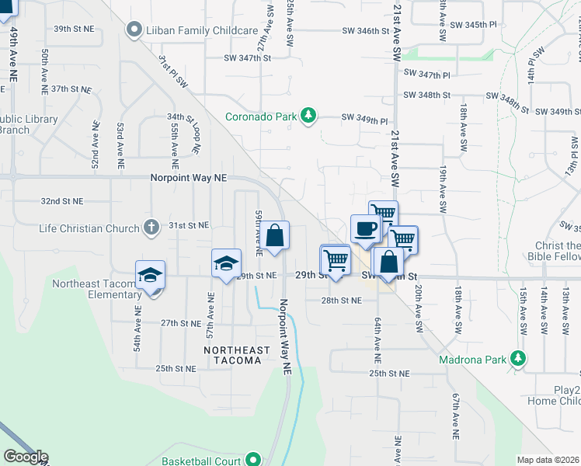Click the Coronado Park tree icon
[308, 116]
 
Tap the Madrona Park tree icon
[517, 360]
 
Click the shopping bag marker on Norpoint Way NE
[274, 236]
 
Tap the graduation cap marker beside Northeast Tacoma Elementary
[150, 276]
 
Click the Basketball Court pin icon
[253, 461]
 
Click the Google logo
[25, 457]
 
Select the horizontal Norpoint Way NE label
[189, 178]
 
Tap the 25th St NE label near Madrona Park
[388, 374]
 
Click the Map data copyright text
[548, 460]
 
